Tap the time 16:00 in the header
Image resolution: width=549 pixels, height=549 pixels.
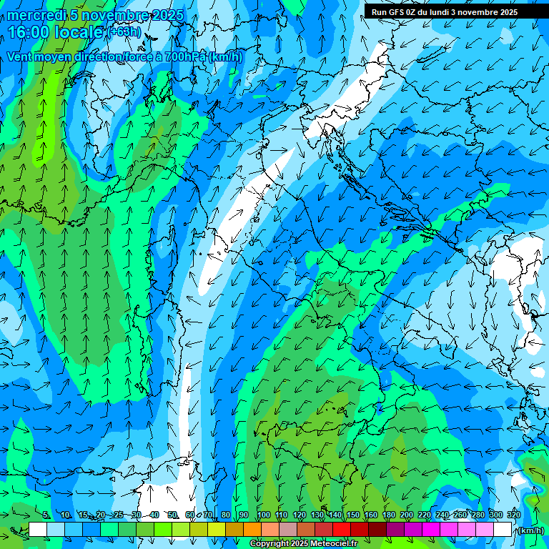click(29, 33)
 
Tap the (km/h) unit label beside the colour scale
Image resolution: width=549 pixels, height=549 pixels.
click(530, 530)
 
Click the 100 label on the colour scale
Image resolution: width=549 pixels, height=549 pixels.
click(263, 515)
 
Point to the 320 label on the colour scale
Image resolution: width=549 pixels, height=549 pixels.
click(513, 515)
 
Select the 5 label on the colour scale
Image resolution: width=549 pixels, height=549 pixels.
click(46, 515)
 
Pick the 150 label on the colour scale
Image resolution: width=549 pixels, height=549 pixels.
click(352, 515)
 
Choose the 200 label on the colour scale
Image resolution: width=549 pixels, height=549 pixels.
click(406, 515)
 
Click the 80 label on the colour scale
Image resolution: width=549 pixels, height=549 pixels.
click(226, 515)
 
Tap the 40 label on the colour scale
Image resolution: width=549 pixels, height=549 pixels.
click(154, 515)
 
